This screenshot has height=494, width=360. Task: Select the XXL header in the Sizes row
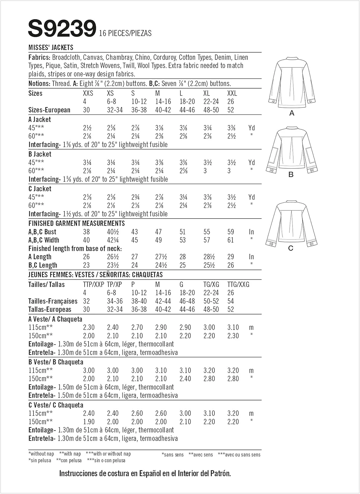232,93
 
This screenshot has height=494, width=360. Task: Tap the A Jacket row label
40,120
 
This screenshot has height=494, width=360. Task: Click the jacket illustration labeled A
291,82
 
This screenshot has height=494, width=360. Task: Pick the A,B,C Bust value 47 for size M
158,232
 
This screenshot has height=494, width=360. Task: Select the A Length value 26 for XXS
86,257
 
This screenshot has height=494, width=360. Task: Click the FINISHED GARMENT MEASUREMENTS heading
77,223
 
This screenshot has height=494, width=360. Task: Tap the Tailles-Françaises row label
53,301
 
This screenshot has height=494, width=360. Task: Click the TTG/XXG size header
238,284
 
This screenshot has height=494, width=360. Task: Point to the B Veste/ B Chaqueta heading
56,362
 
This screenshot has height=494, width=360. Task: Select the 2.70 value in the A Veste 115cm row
137,327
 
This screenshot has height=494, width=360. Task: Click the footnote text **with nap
70,454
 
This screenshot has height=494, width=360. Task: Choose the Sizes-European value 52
231,110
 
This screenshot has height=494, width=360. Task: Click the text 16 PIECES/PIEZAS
125,33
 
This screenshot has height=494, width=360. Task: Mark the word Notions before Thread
39,84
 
